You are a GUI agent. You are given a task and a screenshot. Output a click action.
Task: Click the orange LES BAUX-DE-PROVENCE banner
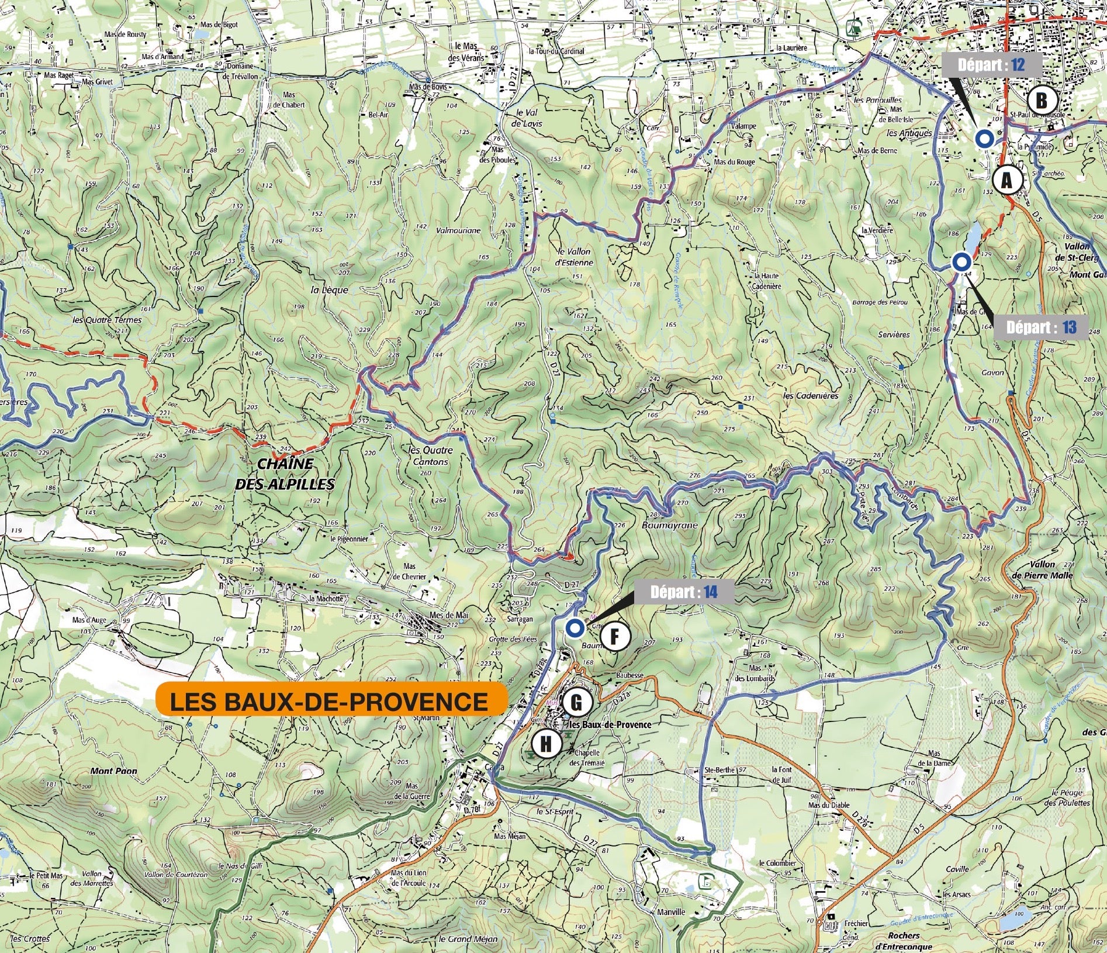click(331, 701)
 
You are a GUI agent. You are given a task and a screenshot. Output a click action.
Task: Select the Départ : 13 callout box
click(1041, 327)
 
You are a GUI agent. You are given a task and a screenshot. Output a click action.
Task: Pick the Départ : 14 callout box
click(683, 592)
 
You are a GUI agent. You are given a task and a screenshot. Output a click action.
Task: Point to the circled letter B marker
click(1042, 101)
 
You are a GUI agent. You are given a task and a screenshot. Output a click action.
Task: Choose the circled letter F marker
click(614, 637)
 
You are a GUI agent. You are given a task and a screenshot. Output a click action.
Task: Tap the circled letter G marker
click(576, 702)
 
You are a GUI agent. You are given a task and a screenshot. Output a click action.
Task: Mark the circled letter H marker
click(545, 744)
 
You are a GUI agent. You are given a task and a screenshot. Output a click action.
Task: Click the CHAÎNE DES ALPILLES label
click(285, 474)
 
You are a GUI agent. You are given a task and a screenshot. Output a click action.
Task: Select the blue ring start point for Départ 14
click(575, 629)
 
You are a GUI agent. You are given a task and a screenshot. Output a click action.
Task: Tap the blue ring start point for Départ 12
click(984, 139)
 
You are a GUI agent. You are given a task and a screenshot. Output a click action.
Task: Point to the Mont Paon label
click(113, 771)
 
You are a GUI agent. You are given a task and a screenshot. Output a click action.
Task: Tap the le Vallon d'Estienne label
click(575, 257)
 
